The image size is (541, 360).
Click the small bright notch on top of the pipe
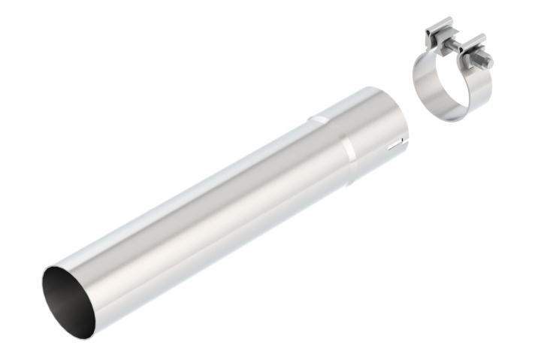[319, 119]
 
